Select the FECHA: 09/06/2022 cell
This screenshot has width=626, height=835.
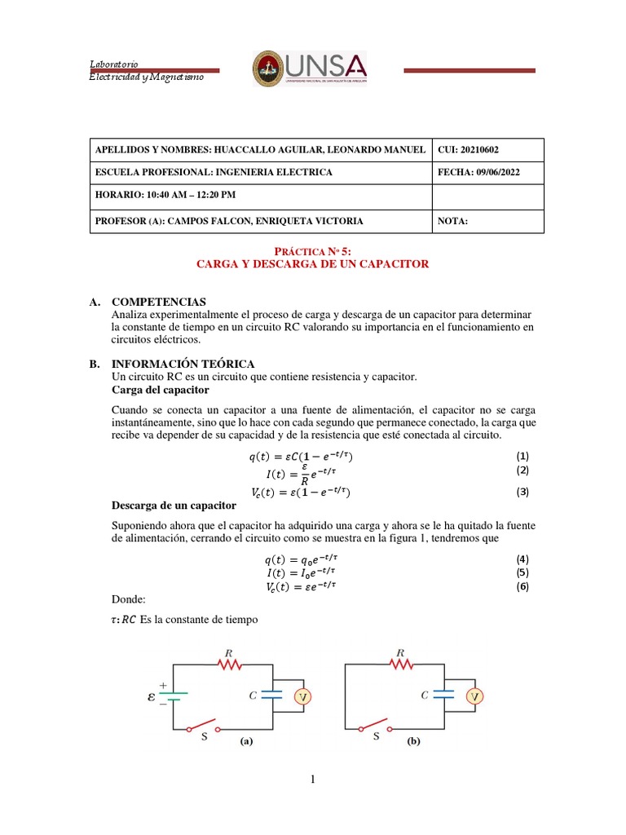(478, 173)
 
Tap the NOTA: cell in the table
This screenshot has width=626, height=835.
(453, 221)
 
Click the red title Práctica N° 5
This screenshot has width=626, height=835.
(314, 252)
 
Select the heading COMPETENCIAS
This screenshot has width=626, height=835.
(159, 303)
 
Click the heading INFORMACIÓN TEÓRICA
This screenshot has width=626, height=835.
(183, 364)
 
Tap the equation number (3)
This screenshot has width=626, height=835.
(523, 492)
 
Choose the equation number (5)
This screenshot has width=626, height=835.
(523, 572)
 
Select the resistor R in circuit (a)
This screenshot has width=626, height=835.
(231, 665)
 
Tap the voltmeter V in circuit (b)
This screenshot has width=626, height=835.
(474, 696)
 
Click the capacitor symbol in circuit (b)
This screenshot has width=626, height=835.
(445, 696)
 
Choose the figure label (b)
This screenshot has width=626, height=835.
(412, 743)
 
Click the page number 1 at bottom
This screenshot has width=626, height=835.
(313, 780)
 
